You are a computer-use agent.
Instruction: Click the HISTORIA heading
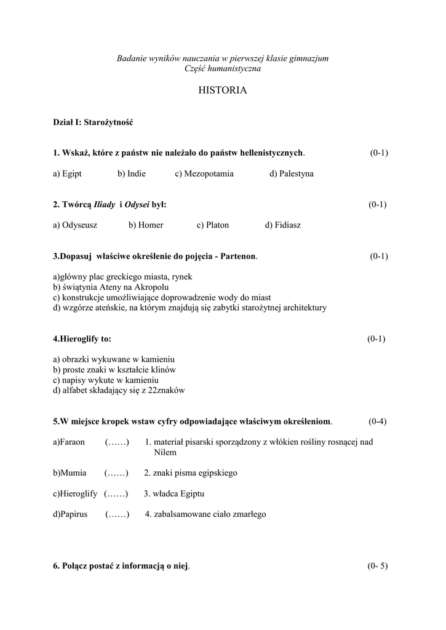coord(223,90)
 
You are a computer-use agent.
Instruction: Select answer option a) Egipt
coord(67,174)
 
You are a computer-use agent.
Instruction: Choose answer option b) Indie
coord(132,174)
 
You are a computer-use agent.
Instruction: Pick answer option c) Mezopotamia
coord(204,174)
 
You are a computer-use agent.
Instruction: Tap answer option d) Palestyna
coord(292,174)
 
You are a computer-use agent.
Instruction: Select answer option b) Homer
coord(146,225)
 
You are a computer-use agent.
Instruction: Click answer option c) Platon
coord(213,225)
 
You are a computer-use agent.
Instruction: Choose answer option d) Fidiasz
coord(283,225)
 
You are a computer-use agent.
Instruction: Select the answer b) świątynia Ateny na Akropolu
coord(111,287)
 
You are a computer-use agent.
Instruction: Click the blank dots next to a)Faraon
coord(117,442)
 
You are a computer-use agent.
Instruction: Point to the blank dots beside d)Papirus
coord(117,514)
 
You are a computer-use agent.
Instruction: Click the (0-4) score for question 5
coord(377,421)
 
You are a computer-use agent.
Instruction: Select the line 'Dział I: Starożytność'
coord(93,122)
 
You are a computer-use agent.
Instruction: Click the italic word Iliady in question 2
coord(104,204)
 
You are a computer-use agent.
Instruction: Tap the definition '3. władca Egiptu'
coord(174,493)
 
